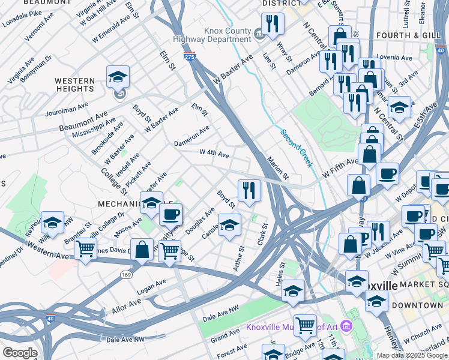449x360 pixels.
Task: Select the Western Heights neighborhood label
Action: (x=74, y=85)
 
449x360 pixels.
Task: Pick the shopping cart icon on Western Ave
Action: (x=85, y=248)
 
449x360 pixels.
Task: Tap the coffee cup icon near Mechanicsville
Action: (x=170, y=214)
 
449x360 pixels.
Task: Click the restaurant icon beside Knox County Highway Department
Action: (x=273, y=23)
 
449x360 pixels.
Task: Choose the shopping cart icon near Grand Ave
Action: (x=306, y=326)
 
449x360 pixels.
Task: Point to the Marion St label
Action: (x=278, y=169)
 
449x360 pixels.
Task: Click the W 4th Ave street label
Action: (x=214, y=154)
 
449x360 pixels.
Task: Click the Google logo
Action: (x=20, y=353)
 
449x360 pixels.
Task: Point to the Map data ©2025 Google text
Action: (x=412, y=355)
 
